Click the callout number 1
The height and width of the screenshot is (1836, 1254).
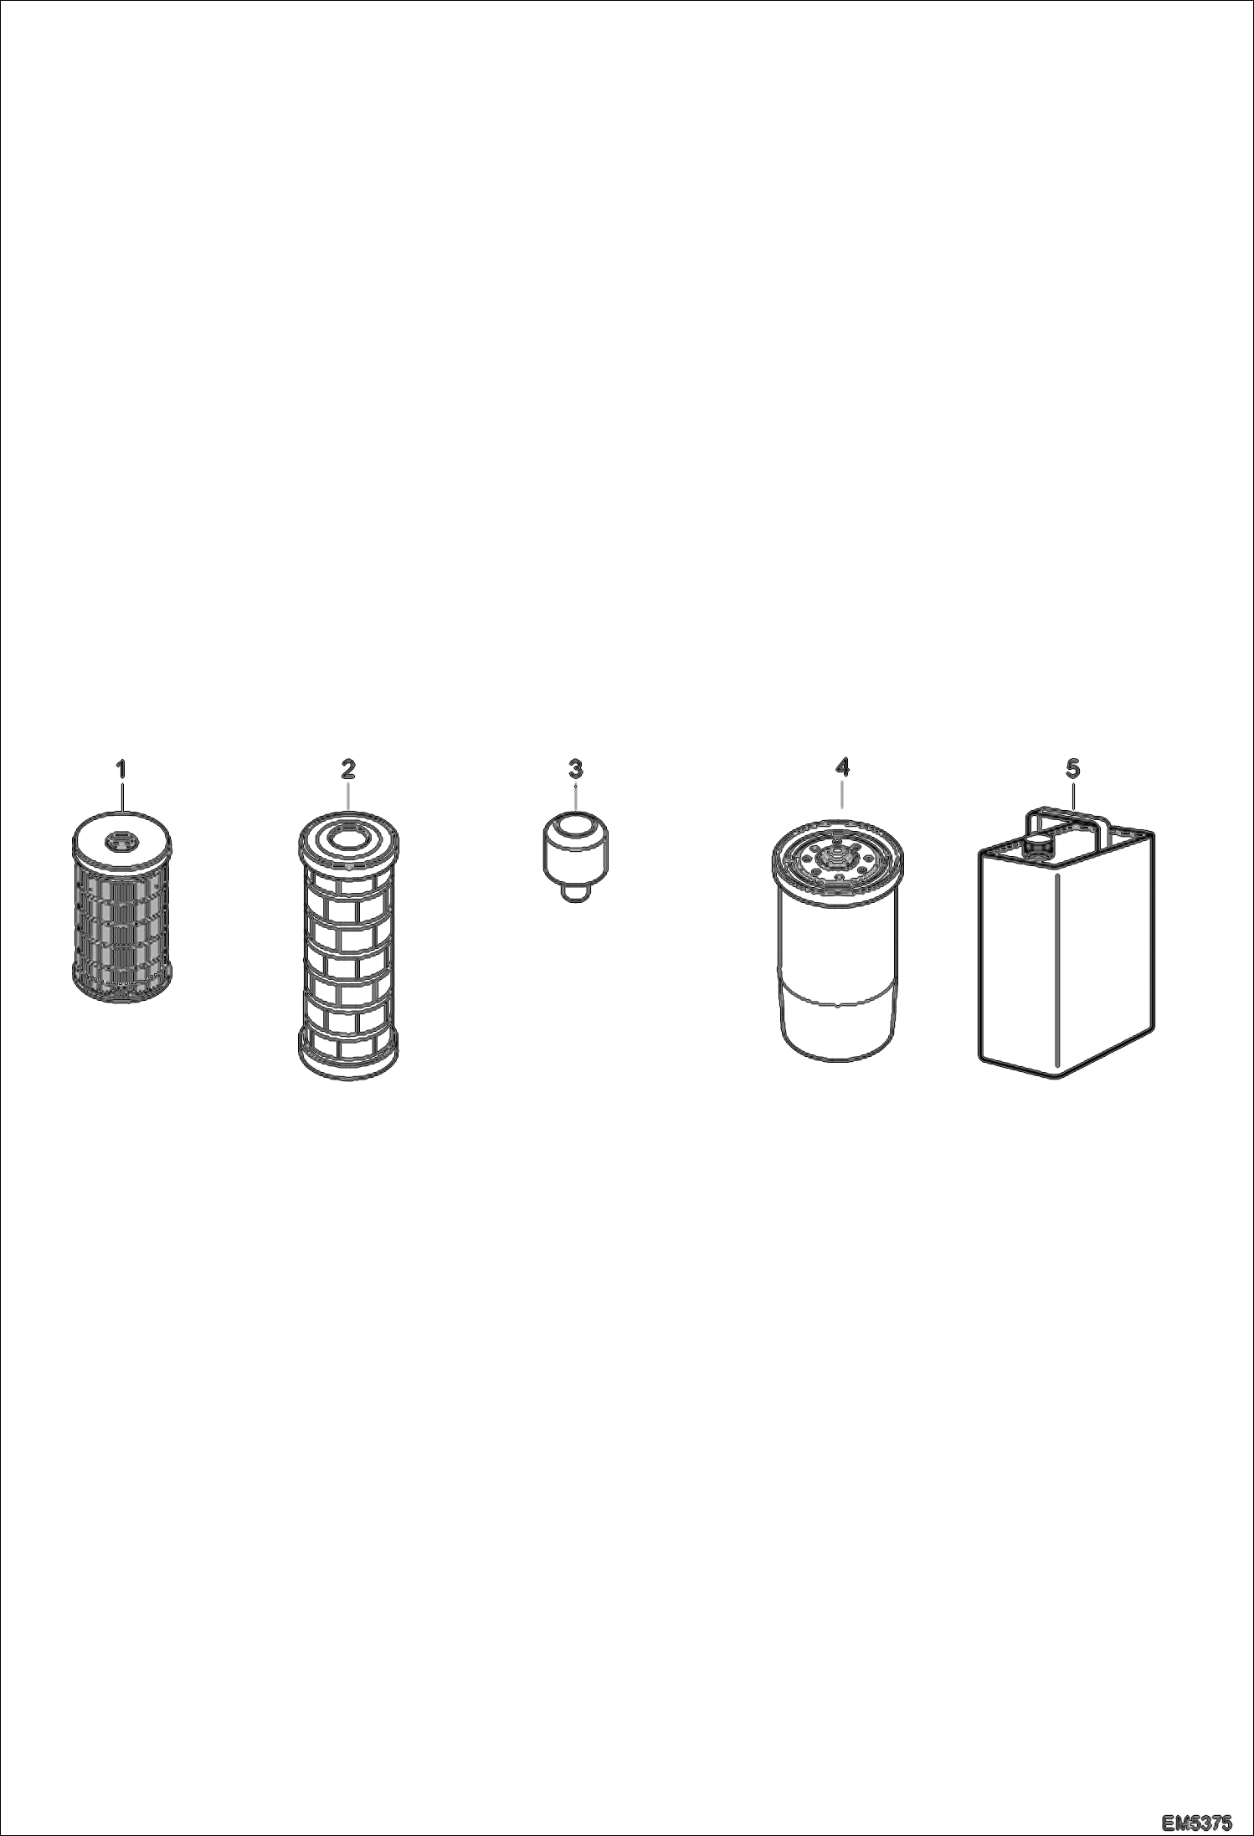point(121,768)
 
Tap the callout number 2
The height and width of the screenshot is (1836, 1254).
point(347,768)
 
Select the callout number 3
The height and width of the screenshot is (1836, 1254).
point(576,768)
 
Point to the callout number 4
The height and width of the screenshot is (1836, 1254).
point(842,767)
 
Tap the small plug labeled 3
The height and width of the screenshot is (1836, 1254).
point(575,855)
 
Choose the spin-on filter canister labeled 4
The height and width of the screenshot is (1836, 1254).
point(838,939)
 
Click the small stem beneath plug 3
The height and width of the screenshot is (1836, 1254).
point(576,895)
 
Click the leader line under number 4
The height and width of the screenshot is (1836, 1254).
point(842,792)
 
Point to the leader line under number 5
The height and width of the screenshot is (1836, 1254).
point(1073,791)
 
